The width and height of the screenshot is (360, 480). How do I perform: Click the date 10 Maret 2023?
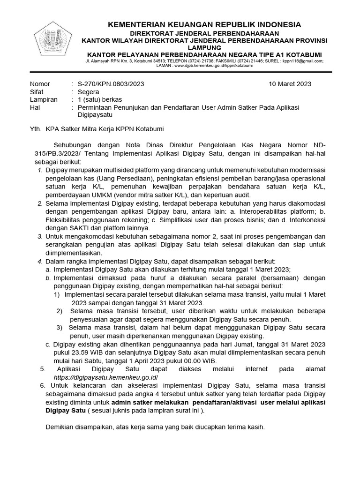(290, 84)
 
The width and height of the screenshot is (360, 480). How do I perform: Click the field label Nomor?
(40, 84)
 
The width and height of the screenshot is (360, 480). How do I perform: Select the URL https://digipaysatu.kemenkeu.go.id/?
(106, 377)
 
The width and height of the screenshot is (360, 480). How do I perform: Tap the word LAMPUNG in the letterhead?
(204, 47)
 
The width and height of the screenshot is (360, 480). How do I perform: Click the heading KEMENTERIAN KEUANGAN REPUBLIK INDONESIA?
(204, 24)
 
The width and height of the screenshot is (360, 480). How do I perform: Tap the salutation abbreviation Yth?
(36, 128)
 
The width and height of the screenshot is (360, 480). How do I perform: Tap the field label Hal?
(35, 107)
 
